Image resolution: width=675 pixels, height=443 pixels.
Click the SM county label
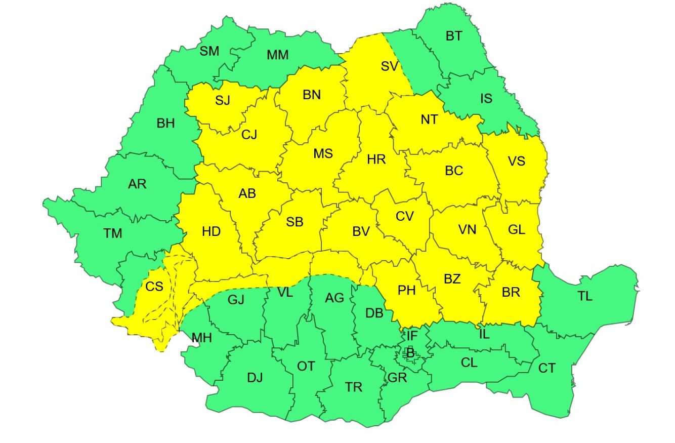(x=209, y=51)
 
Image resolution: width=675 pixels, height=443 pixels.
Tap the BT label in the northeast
(x=454, y=36)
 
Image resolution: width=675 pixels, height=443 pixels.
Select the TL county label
(x=585, y=297)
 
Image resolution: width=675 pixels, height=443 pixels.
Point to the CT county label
(x=547, y=368)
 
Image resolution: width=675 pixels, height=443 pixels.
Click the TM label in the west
(x=113, y=233)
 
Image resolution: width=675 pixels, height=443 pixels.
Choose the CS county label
(x=154, y=287)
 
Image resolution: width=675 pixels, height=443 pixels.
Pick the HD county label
(x=211, y=232)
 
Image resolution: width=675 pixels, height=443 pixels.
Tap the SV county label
(x=390, y=66)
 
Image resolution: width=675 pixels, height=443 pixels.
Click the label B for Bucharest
(x=410, y=353)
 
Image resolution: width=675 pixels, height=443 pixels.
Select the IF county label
(x=412, y=335)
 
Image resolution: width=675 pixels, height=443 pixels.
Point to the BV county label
(x=361, y=232)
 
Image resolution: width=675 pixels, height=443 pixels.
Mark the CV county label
(x=405, y=217)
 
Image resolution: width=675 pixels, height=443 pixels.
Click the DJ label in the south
(x=255, y=377)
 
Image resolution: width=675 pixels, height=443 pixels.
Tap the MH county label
(x=201, y=338)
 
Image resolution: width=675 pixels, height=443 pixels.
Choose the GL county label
(x=516, y=229)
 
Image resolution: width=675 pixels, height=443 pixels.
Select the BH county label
(x=165, y=123)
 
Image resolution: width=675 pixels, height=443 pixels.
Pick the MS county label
(x=323, y=153)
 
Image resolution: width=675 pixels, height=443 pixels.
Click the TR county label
(x=354, y=387)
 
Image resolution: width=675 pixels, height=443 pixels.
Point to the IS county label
(x=486, y=98)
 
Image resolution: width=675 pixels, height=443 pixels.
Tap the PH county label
(x=406, y=291)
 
